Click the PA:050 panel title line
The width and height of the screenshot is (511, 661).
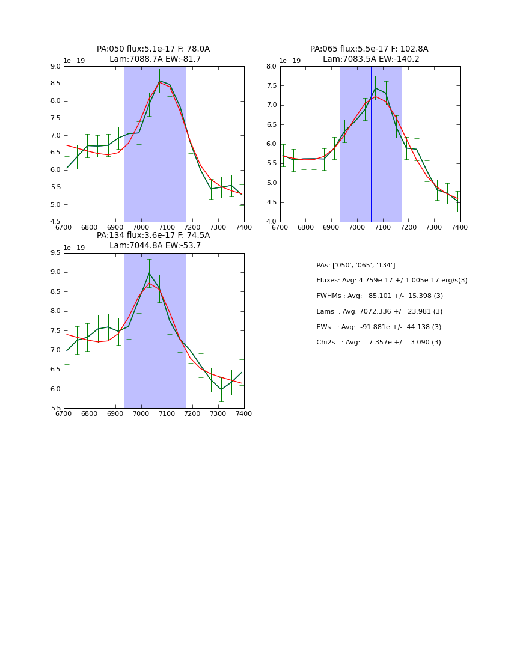153,49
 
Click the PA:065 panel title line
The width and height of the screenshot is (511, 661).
369,49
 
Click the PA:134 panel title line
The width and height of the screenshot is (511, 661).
153,236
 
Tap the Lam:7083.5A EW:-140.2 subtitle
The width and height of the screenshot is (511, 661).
371,59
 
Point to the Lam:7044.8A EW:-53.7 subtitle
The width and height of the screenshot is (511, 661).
155,246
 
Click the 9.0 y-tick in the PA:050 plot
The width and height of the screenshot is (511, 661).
55,67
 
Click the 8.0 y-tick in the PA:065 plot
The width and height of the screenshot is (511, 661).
271,67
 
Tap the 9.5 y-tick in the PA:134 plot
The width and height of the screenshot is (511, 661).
55,253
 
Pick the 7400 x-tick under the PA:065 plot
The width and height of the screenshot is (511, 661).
460,228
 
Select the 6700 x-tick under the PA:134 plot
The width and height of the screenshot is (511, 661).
64,414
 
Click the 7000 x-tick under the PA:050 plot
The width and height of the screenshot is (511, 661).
141,228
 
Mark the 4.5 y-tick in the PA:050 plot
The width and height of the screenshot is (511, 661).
55,222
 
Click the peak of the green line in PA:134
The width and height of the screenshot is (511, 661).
149,273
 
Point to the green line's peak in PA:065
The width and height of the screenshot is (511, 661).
375,88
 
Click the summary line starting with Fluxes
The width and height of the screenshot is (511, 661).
391,281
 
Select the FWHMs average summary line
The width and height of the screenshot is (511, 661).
379,296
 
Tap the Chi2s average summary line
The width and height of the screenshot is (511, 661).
378,343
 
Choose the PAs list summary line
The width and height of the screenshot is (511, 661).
355,265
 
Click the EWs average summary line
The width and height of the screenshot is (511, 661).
378,327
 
